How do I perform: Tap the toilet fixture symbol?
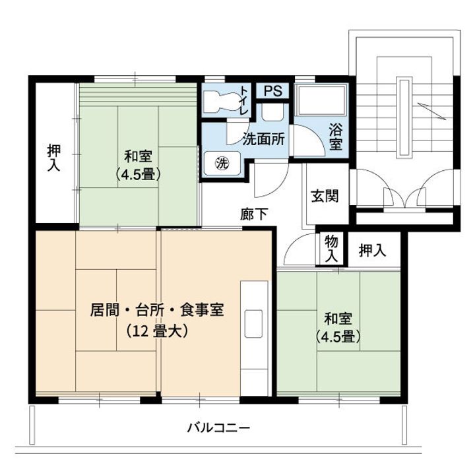point(218,102)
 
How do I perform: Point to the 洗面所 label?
point(263,139)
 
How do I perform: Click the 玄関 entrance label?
point(325,196)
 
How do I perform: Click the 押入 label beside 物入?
point(372,250)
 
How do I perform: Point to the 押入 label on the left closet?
point(53,158)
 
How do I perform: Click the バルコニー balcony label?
point(218,428)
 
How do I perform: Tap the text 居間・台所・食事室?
point(158,310)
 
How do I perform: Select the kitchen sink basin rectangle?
point(254,323)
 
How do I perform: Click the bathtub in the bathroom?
point(319,103)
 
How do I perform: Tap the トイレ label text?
point(244,101)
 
